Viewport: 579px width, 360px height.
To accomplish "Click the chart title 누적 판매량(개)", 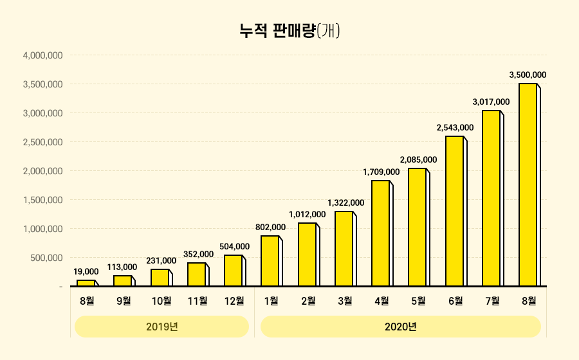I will (x=289, y=30).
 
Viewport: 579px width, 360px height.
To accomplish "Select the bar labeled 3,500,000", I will (x=528, y=184).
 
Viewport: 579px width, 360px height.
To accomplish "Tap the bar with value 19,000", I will (x=86, y=283).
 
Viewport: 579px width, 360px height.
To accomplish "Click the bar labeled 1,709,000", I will (x=381, y=233).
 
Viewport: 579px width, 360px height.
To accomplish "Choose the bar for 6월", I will (x=455, y=211).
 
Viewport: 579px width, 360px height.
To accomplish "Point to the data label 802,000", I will (x=270, y=227).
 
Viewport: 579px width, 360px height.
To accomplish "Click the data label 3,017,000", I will (x=491, y=102).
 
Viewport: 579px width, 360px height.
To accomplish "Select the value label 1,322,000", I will (x=345, y=203).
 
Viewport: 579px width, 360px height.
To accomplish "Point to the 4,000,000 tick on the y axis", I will (x=42, y=55).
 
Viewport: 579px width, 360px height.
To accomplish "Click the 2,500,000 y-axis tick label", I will (x=42, y=142).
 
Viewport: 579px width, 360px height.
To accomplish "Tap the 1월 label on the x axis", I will (x=271, y=300).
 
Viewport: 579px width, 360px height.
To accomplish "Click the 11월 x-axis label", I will (x=198, y=300).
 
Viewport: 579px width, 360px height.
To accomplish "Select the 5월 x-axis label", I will (x=418, y=300).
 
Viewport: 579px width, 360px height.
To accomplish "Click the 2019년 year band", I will (x=161, y=327).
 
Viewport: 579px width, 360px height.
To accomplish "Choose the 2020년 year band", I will (x=401, y=327).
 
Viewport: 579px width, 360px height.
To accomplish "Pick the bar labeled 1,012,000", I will (x=308, y=255).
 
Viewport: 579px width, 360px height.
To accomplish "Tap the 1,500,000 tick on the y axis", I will (x=42, y=200).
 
